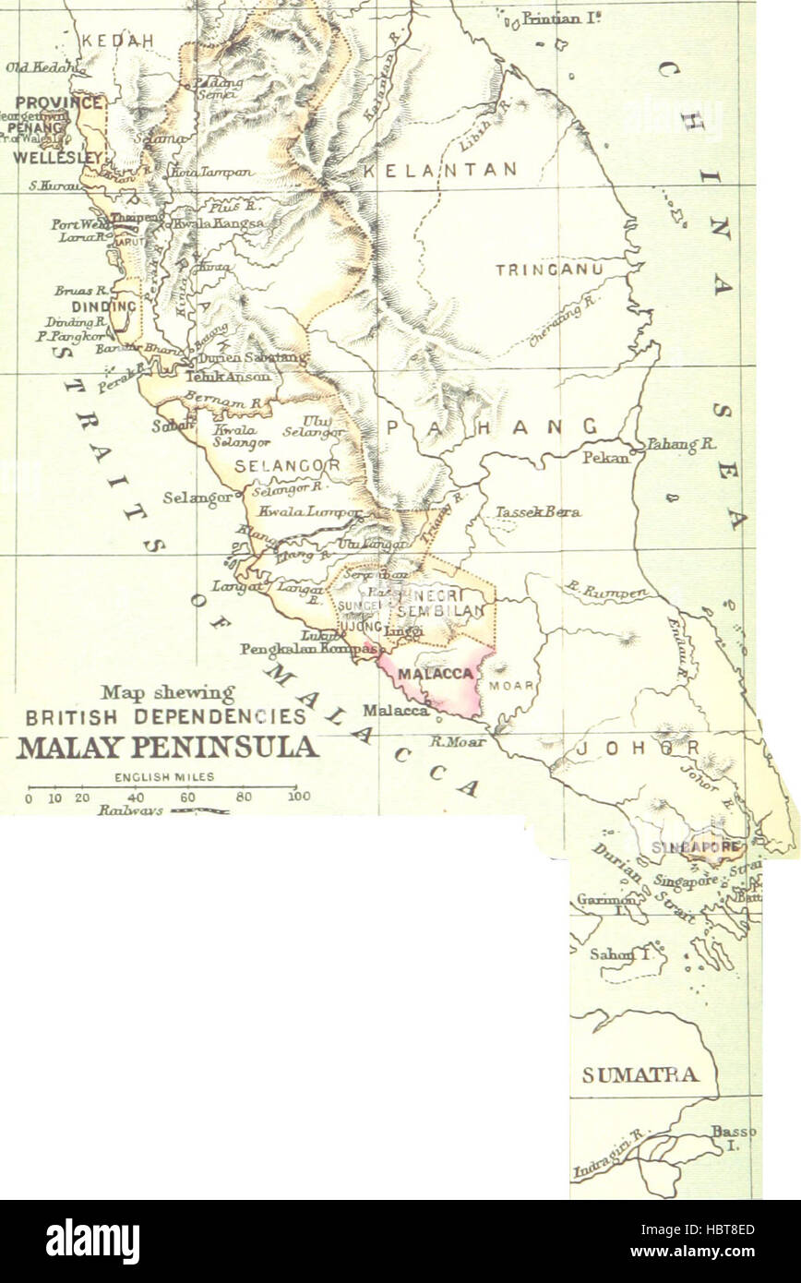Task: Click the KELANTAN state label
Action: (439, 171)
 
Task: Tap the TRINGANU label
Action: (549, 270)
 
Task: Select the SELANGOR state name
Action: (287, 466)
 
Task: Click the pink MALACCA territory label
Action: (436, 675)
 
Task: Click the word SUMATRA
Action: (640, 1074)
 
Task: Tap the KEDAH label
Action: (117, 42)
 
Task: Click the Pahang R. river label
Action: (680, 444)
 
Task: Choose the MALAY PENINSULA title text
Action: (167, 747)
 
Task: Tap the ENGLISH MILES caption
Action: (164, 777)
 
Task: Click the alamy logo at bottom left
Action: (92, 1241)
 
